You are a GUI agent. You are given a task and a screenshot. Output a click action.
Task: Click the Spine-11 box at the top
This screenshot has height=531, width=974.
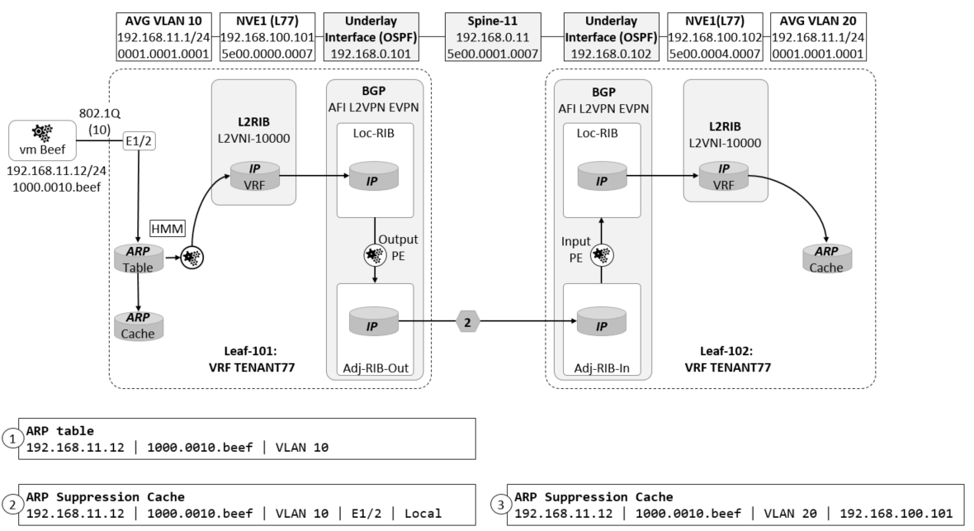pyautogui.click(x=493, y=37)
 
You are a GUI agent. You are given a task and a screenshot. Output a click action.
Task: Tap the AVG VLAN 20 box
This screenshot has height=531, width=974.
pyautogui.click(x=817, y=37)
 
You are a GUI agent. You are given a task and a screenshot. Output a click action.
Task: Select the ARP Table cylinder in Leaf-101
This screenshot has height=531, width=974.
pyautogui.click(x=138, y=258)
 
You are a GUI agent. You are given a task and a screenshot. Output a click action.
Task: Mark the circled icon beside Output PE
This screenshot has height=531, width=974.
pyautogui.click(x=376, y=255)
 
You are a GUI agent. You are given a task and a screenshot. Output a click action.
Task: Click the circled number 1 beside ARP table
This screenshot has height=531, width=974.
pyautogui.click(x=13, y=439)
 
